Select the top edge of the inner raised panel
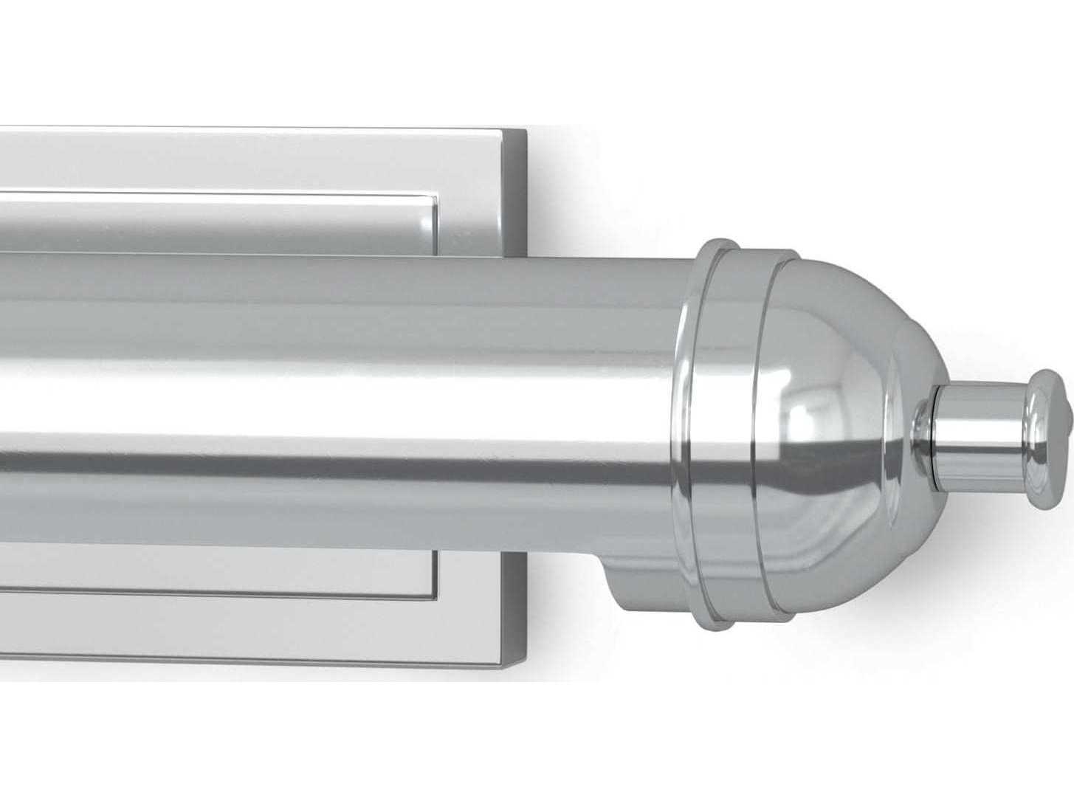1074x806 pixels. [x=221, y=193]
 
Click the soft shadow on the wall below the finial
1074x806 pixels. [x=960, y=561]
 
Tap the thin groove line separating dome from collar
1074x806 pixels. [x=760, y=443]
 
